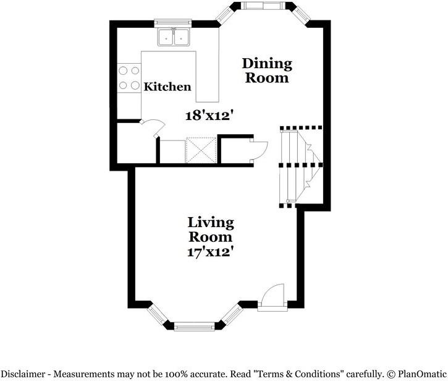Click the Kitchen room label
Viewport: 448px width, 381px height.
coord(167,87)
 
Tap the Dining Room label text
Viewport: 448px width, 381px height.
coord(267,71)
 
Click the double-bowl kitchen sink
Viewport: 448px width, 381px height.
coord(174,37)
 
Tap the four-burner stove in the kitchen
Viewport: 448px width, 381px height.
coord(129,78)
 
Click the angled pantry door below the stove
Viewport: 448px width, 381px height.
coord(153,128)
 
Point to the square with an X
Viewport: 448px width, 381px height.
coord(201,150)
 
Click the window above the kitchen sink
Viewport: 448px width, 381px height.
coord(172,23)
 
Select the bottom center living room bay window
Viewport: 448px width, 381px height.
coord(194,327)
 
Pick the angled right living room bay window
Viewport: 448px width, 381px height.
coord(231,314)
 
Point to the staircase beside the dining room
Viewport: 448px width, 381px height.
coord(301,166)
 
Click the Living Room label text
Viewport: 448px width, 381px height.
coord(211,230)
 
